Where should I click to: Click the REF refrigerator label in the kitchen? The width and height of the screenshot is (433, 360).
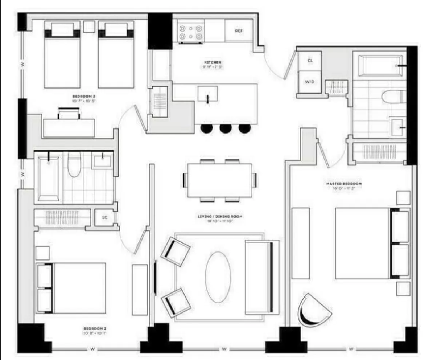point(238,31)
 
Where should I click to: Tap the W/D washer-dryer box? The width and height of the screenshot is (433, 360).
point(309,82)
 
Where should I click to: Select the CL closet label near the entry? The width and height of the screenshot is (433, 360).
point(310,61)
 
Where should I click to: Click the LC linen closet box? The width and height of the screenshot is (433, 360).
point(104,217)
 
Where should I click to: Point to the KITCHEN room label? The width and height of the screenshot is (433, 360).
point(213,62)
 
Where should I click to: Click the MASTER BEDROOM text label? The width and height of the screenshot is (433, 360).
point(344,184)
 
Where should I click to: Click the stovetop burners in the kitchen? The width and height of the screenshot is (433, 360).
point(190,32)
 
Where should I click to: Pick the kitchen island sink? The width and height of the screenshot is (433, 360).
point(207,94)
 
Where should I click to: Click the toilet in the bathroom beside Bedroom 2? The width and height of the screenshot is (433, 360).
point(74,165)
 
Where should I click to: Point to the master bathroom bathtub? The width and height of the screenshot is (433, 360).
point(379,66)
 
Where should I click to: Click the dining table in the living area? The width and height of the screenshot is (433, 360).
point(219,180)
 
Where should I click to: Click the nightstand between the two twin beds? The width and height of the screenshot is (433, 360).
point(89,26)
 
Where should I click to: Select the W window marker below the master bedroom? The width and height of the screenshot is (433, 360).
point(351,349)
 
